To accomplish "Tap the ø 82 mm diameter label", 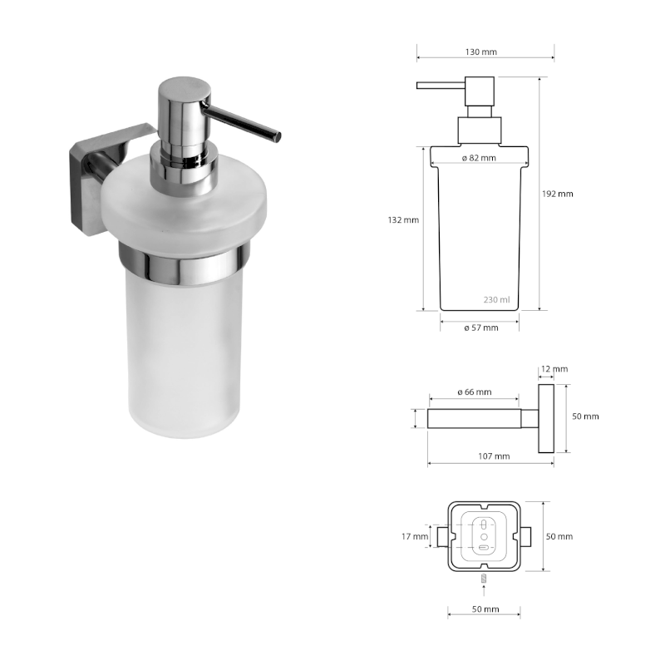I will (x=479, y=158).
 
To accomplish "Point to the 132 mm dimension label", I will (x=404, y=220).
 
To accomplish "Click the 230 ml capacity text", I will (x=496, y=300).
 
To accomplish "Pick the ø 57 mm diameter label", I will (x=480, y=328).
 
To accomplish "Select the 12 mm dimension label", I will (x=554, y=368).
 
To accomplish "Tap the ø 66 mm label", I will (x=474, y=392).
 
